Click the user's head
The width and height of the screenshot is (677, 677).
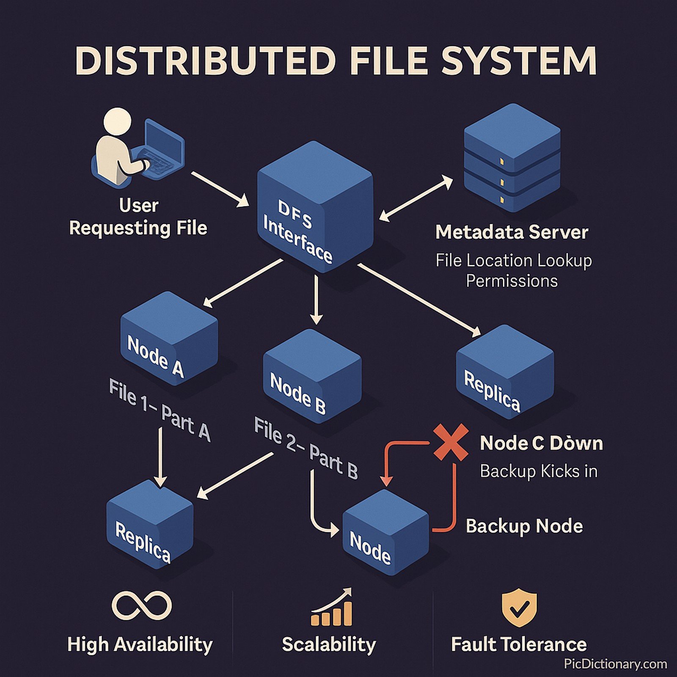117,121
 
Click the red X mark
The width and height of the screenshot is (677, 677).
451,442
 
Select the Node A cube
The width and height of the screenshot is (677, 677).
169,338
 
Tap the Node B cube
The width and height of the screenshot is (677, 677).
312,377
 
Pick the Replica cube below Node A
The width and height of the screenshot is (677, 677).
150,525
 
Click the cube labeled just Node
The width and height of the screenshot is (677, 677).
385,533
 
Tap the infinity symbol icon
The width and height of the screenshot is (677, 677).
142,605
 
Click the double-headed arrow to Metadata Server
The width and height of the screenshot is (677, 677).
416,199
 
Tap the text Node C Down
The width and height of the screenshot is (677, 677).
541,443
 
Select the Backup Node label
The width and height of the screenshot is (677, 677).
524,526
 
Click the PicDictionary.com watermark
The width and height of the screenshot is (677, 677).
615,664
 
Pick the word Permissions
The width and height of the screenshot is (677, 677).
512,281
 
